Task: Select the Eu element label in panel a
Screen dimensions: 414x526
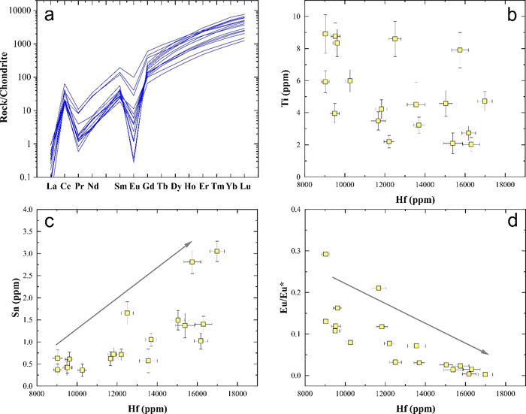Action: click(x=135, y=186)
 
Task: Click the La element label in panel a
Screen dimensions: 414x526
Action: click(x=53, y=186)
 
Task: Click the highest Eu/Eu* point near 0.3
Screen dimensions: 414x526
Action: click(x=325, y=275)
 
